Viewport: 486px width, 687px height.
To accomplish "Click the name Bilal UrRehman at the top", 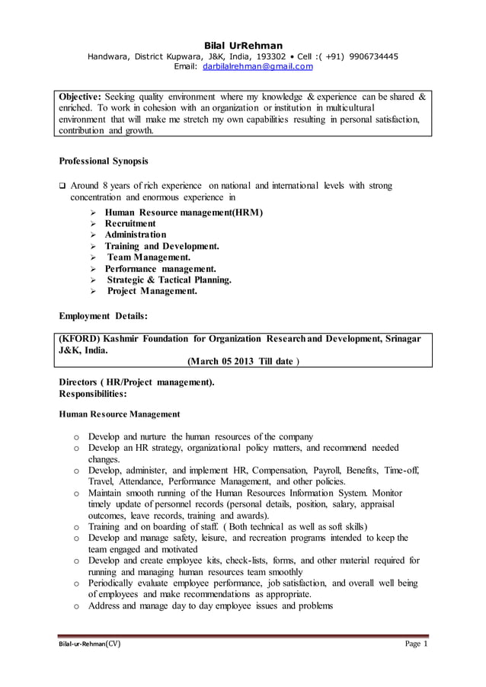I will tap(243, 45).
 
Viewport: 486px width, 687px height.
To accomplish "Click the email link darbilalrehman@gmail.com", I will tap(257, 67).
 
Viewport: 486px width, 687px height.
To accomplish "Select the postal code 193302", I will tap(271, 56).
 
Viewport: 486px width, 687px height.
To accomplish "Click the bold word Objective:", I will tap(80, 97).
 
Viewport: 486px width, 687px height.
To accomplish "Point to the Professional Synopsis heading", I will tap(104, 161).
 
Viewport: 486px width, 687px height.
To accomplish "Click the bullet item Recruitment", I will tap(130, 223).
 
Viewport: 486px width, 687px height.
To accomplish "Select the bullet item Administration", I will tap(136, 235).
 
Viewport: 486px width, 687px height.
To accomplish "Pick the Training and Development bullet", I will tap(162, 246).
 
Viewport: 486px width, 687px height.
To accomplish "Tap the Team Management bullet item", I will tap(149, 257).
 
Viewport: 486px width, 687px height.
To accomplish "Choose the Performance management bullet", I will tap(161, 269).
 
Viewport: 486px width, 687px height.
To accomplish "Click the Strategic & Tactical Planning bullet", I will tap(169, 280).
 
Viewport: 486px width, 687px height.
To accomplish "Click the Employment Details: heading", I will tap(104, 314).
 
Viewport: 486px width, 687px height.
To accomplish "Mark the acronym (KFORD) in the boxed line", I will tap(79, 338).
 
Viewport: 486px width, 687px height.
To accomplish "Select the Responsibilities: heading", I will tap(93, 395).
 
